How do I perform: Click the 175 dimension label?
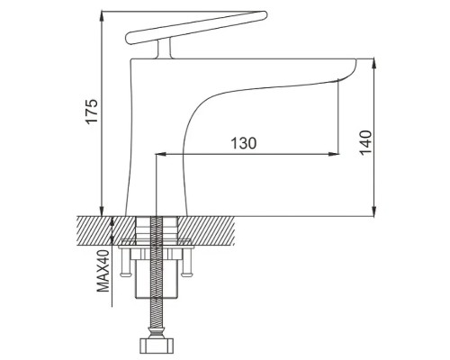(92, 111)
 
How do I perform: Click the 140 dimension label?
(366, 142)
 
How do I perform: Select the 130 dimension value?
(244, 143)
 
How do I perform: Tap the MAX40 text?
(103, 271)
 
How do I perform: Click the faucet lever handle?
(196, 28)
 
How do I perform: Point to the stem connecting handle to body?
(164, 48)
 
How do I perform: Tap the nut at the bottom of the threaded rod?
(157, 346)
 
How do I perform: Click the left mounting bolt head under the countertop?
(125, 273)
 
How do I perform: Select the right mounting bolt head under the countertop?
(186, 273)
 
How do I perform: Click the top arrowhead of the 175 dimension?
(102, 16)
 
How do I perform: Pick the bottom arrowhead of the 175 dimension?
(102, 211)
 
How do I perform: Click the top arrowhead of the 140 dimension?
(373, 64)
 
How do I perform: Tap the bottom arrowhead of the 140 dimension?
(373, 211)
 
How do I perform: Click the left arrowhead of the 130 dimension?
(161, 154)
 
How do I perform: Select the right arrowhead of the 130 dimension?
(334, 154)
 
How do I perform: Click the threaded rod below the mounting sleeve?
(157, 312)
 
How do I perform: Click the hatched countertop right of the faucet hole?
(206, 230)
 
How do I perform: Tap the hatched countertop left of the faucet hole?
(106, 229)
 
